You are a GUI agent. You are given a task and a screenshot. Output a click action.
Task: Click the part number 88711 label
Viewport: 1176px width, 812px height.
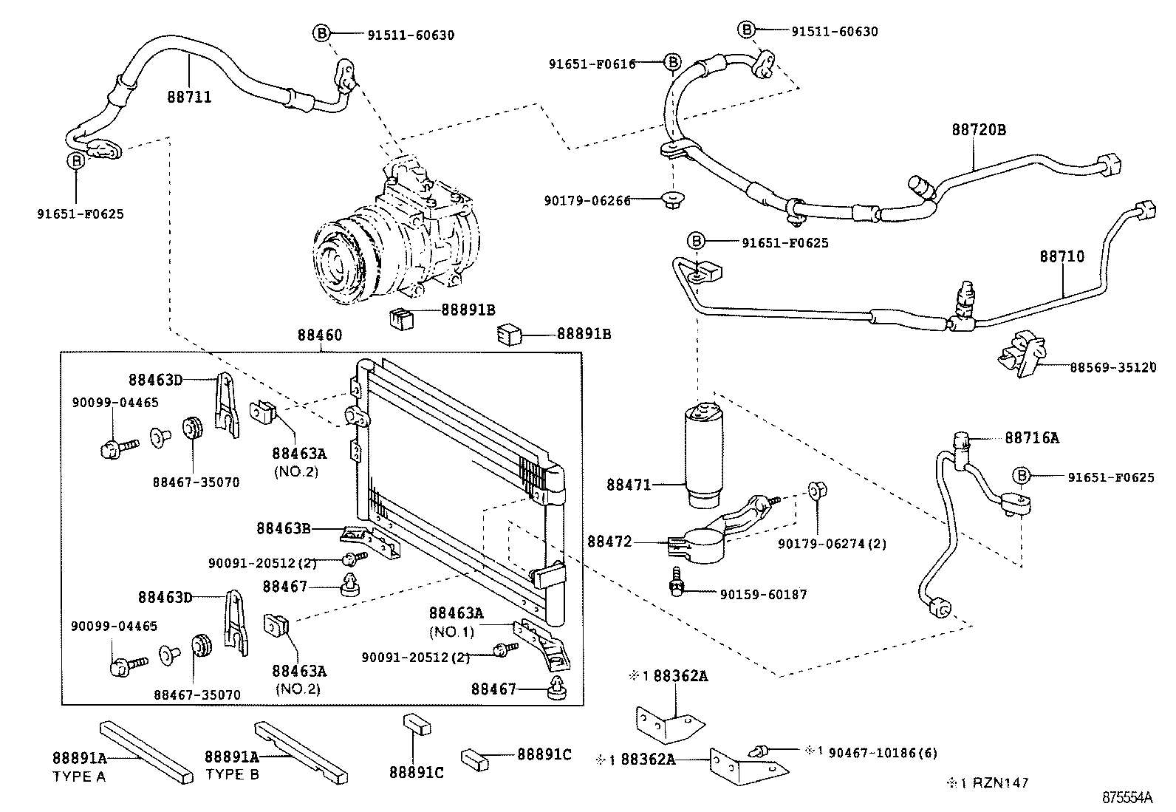189,97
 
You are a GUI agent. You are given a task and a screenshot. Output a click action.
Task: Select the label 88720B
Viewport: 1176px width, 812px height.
978,130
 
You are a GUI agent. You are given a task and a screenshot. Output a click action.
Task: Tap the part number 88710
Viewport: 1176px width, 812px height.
1062,256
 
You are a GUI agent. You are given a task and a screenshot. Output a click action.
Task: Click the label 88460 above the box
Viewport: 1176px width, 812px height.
320,335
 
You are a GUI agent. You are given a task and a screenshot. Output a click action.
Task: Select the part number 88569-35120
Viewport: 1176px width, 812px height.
1112,367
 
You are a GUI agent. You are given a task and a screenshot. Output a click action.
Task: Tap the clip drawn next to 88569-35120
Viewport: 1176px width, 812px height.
1022,354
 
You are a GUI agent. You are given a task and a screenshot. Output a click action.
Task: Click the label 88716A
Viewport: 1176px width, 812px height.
1031,438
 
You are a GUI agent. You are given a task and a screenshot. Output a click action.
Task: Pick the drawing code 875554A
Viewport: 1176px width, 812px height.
1127,798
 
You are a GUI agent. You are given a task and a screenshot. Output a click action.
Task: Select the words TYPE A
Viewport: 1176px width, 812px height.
79,777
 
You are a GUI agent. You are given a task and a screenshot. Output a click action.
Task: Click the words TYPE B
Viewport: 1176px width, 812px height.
231,774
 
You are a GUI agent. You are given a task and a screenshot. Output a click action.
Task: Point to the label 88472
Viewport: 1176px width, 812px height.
609,542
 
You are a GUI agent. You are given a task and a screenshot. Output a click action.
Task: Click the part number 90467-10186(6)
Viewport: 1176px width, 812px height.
883,753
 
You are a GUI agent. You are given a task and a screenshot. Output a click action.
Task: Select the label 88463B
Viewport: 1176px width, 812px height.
284,528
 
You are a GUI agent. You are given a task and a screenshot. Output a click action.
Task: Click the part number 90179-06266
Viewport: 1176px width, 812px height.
588,200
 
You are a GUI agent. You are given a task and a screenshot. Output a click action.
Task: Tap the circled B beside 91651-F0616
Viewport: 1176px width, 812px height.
672,63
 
